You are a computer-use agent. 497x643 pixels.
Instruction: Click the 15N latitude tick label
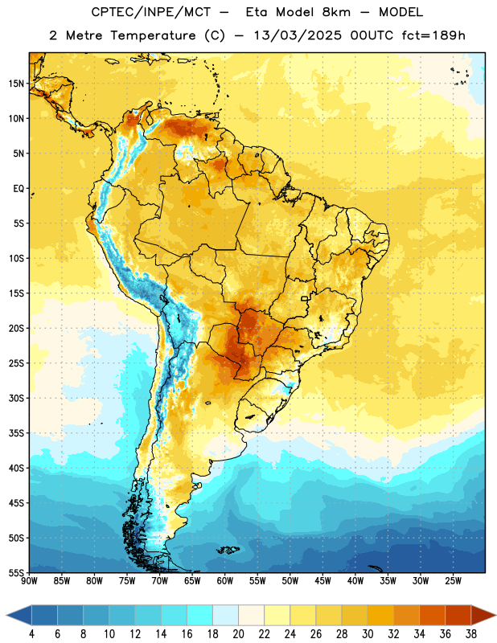click(16, 84)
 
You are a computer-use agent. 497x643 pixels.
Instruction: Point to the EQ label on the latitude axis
click(18, 189)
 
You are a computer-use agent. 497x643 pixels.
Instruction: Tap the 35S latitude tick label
click(16, 433)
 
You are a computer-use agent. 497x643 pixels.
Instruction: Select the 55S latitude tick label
click(16, 573)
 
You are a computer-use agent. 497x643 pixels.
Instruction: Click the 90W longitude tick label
click(29, 581)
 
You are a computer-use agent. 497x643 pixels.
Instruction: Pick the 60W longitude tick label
click(225, 581)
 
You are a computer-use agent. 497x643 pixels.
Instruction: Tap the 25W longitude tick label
click(453, 581)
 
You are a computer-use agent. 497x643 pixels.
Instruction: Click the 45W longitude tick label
click(322, 581)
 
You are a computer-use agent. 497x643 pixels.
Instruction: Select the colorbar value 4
click(31, 634)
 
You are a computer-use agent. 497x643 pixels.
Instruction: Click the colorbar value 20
click(238, 634)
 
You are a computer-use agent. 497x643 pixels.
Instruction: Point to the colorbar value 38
click(471, 634)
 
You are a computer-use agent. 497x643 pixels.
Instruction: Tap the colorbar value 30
click(368, 634)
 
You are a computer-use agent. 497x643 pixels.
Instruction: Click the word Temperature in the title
click(153, 35)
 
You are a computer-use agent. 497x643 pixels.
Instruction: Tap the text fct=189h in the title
click(433, 35)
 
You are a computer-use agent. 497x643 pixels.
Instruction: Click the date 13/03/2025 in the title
click(297, 35)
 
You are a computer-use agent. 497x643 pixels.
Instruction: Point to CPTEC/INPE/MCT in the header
click(151, 12)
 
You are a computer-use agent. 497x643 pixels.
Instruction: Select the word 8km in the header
click(336, 12)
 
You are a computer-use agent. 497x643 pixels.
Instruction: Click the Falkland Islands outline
click(228, 550)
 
